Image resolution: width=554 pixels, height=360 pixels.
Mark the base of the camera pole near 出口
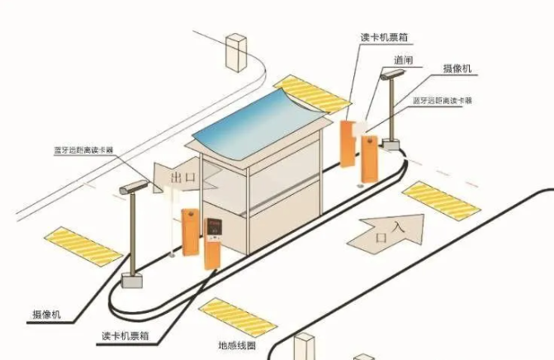130,278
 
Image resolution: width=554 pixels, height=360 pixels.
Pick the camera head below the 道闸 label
389,74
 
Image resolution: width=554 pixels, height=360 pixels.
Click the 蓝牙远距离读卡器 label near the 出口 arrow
83,151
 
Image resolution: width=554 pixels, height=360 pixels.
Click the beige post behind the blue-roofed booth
237,52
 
